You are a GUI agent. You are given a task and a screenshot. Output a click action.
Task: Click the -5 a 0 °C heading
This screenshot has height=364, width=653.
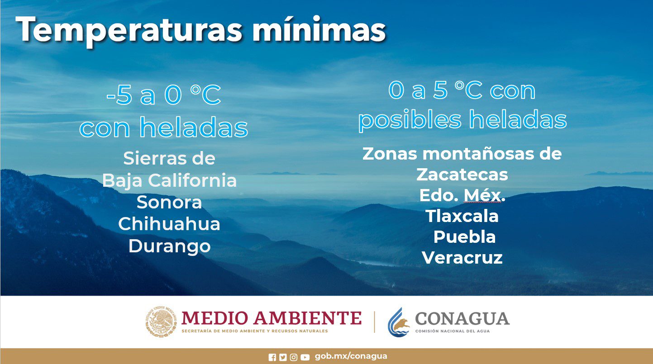[163, 96]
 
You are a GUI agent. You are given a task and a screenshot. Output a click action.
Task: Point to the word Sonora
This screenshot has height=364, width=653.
[169, 202]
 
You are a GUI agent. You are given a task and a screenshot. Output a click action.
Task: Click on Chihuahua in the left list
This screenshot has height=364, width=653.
[169, 224]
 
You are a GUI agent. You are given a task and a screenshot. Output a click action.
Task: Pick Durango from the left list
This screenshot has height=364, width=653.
[169, 246]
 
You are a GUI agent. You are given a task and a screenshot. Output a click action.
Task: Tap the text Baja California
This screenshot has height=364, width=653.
[169, 180]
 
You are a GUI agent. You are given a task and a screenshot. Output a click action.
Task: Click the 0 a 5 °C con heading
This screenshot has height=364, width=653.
[462, 90]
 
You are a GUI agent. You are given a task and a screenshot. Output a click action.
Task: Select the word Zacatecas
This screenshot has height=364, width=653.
[462, 174]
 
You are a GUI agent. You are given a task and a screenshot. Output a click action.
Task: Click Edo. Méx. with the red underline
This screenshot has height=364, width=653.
[462, 195]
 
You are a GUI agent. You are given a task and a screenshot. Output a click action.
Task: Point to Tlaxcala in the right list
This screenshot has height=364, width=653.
[462, 216]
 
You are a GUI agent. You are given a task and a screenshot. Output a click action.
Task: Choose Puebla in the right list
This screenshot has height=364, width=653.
[464, 237]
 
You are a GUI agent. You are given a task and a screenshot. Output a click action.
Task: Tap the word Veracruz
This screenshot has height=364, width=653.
[462, 258]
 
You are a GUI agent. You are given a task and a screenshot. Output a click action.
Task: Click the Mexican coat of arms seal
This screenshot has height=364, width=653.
[161, 322]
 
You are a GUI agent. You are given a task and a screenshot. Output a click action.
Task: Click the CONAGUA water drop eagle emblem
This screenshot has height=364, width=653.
[398, 321]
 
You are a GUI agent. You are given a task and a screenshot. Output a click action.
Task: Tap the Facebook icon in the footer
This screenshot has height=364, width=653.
[272, 357]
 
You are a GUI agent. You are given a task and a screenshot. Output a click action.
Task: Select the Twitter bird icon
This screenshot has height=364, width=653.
[283, 357]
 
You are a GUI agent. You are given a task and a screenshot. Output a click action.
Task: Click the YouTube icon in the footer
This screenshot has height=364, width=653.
[305, 357]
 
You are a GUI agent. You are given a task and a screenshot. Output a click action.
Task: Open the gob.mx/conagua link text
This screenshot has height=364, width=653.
[351, 356]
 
